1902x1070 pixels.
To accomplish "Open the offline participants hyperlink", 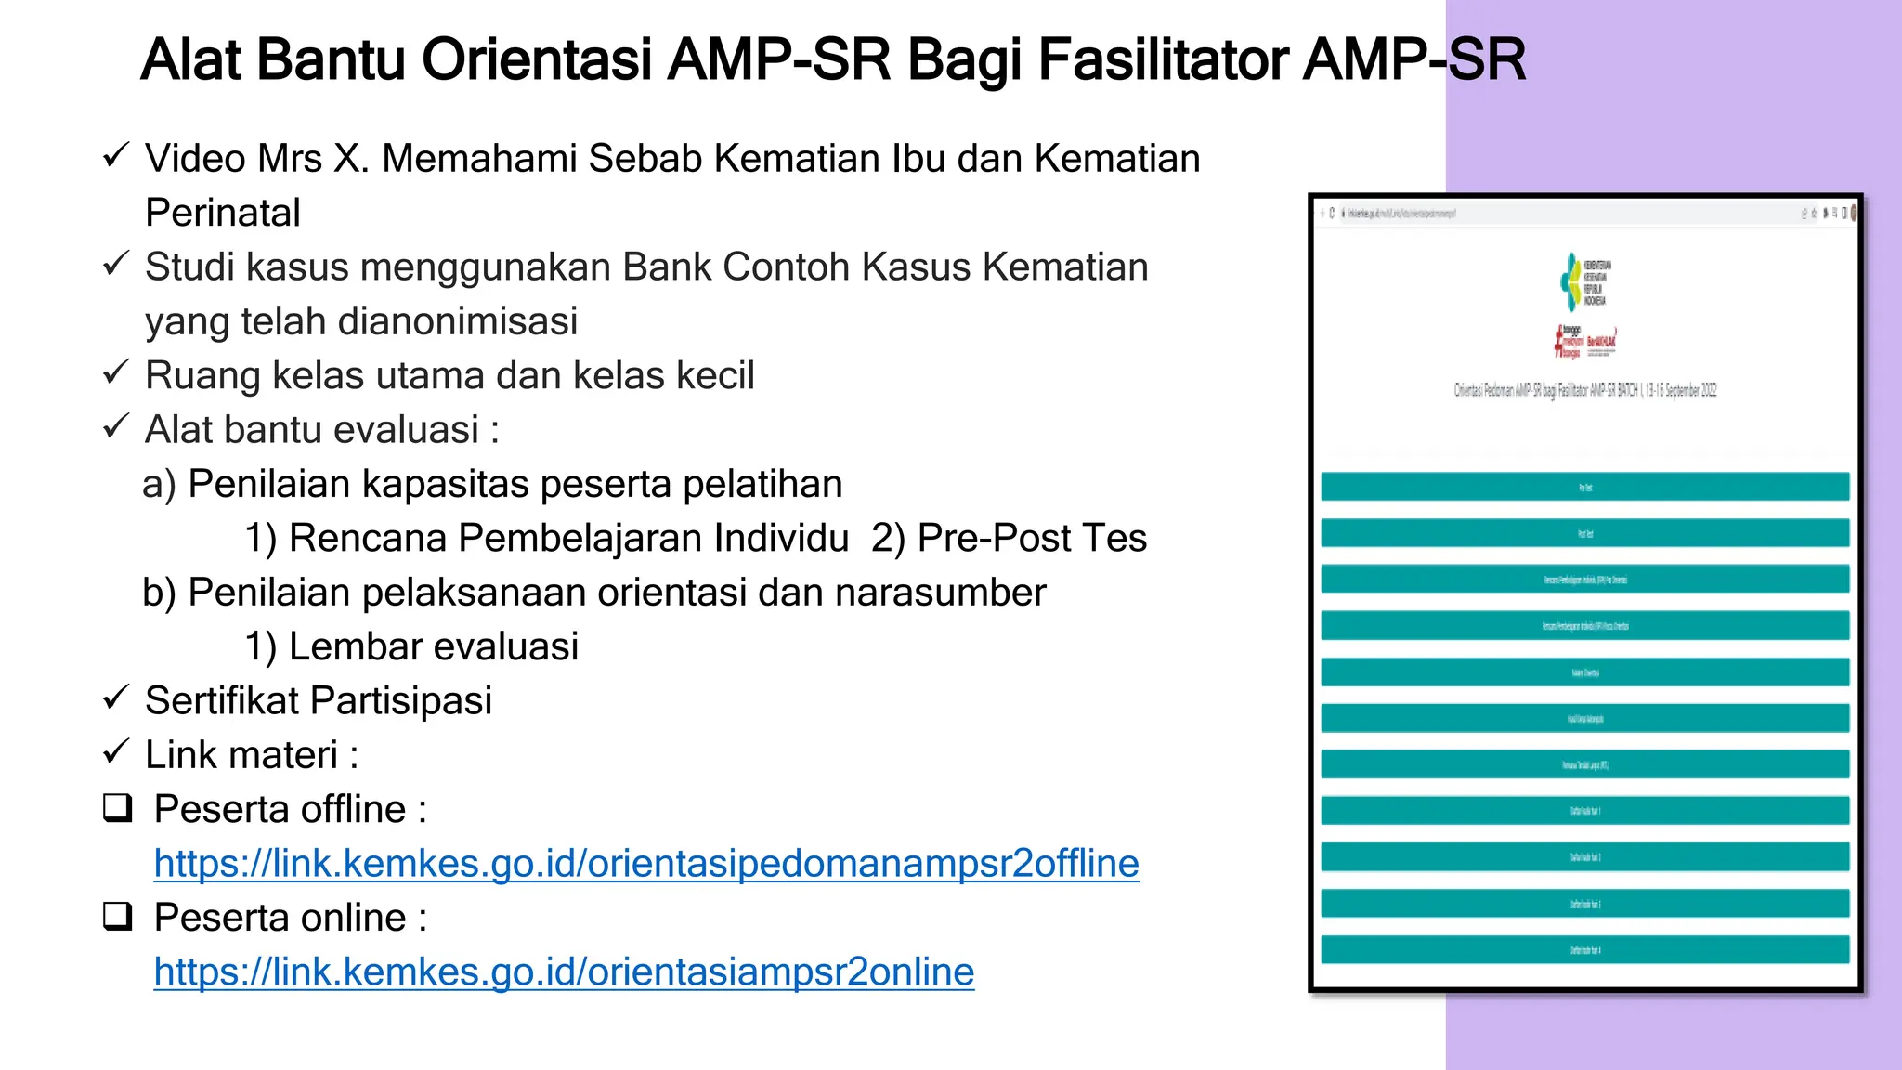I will coord(646,864).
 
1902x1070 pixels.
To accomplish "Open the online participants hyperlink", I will coord(564,972).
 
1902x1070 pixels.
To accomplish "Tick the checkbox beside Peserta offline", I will coord(118,808).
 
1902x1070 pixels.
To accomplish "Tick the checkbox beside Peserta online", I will coord(118,917).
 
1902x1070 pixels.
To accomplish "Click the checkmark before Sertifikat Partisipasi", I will coord(115,698).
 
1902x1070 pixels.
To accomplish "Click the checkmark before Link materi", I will coord(115,751).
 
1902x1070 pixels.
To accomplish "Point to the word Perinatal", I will coord(223,213).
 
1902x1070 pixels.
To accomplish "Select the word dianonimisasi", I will coord(455,321).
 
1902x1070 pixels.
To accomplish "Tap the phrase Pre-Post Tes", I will coord(1032,539).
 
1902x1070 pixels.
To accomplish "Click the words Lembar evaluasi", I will coord(433,647).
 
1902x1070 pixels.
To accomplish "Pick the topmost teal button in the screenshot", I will coord(1584,487).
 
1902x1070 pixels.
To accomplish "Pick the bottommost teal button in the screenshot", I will coord(1584,950).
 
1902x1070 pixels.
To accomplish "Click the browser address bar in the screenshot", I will coord(1486,214).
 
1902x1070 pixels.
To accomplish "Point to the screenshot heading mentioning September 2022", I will coord(1584,390).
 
